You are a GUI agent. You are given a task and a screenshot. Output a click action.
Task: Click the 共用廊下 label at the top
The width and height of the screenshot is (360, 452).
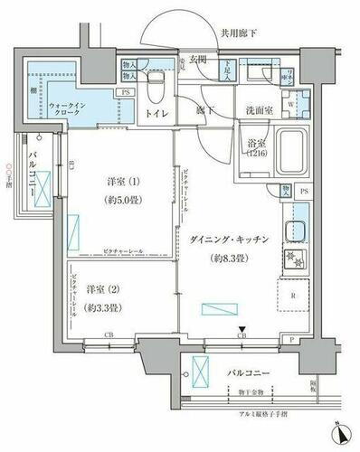(238, 33)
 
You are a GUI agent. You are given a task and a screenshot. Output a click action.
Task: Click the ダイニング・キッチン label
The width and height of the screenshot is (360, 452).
(228, 240)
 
